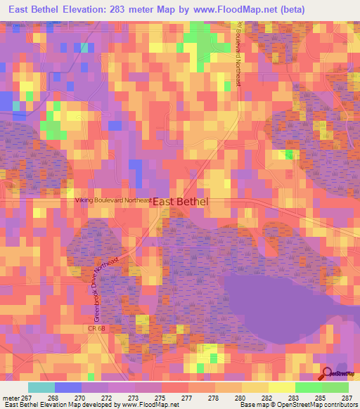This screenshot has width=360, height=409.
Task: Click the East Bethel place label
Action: coord(181,201)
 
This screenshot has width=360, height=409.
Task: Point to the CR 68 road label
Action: coord(96,328)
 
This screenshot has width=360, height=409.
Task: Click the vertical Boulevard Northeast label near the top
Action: coord(238,56)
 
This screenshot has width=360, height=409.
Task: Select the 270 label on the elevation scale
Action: coord(88,397)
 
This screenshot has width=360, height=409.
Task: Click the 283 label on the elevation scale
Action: coord(299,397)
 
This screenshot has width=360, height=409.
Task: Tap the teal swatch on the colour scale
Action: coord(41,387)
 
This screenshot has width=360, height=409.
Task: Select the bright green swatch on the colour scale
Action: coord(308,387)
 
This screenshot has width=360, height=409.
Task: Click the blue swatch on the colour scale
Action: coord(67,387)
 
